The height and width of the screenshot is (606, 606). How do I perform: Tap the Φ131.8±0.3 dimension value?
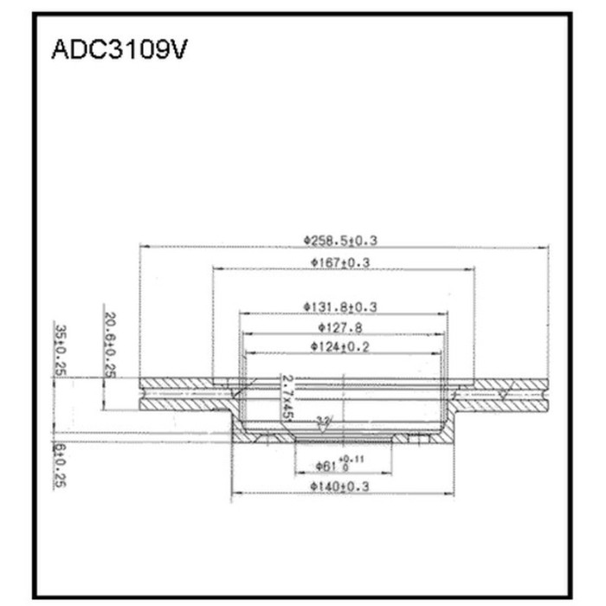[345, 306]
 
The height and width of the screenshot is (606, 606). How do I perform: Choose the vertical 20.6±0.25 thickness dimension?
[110, 344]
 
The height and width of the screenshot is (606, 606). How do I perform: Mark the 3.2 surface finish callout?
[323, 422]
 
